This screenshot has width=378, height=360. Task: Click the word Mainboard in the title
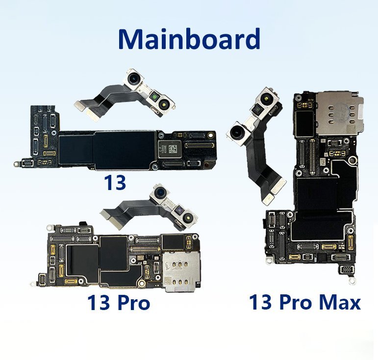[x=188, y=39]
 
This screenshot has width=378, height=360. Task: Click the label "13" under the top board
[x=115, y=182]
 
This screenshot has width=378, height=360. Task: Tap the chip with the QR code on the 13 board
[x=169, y=146]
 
